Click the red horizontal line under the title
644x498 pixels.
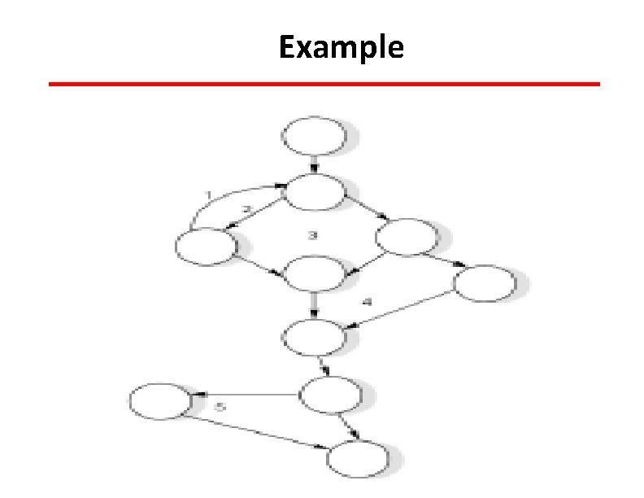324,84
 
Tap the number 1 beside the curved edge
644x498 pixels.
209,195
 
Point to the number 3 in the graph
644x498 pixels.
311,237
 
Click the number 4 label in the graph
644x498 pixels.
368,303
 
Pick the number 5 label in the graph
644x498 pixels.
219,404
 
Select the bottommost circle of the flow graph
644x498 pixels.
358,460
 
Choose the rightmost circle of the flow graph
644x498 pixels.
485,282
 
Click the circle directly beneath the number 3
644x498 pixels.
313,273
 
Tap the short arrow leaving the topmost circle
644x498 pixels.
314,164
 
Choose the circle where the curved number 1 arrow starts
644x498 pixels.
206,245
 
